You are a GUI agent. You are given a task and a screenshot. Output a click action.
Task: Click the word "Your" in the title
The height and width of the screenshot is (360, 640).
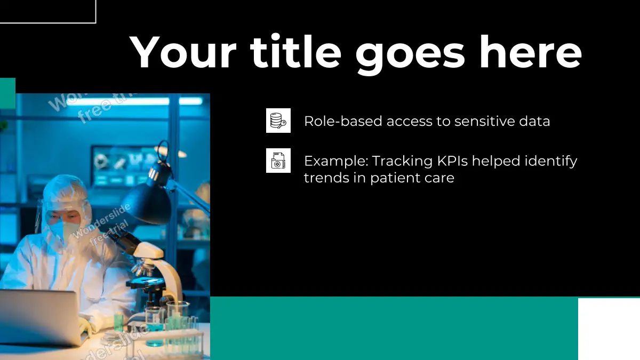coord(183,52)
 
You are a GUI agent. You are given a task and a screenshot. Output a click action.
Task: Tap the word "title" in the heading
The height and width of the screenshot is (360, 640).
coord(295,51)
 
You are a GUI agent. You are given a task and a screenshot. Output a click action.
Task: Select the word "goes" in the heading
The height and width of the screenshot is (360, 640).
coord(410,55)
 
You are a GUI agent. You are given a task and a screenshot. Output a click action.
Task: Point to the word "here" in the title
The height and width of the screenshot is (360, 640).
coord(531,51)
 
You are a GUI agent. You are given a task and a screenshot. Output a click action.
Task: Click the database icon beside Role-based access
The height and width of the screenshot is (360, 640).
coord(278,121)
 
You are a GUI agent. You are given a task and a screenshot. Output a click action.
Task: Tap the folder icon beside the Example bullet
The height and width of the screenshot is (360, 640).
coord(278,161)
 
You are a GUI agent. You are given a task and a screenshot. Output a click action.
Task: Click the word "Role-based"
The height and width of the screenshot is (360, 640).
coord(343,121)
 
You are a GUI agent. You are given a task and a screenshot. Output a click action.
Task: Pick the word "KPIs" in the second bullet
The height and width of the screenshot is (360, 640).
coord(452,161)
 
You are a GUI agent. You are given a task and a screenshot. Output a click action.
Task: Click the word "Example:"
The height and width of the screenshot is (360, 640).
coord(336,162)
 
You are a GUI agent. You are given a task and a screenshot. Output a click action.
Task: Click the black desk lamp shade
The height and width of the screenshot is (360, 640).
coord(147,203)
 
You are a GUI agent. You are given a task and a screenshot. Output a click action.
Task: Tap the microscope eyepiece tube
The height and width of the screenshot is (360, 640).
coord(126,241)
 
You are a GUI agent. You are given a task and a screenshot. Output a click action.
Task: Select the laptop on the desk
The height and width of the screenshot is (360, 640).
coord(40,317)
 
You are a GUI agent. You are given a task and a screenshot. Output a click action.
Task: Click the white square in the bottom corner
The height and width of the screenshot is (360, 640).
coord(609,329)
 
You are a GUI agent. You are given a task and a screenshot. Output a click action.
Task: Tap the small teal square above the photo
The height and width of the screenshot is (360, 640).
coord(7,93)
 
